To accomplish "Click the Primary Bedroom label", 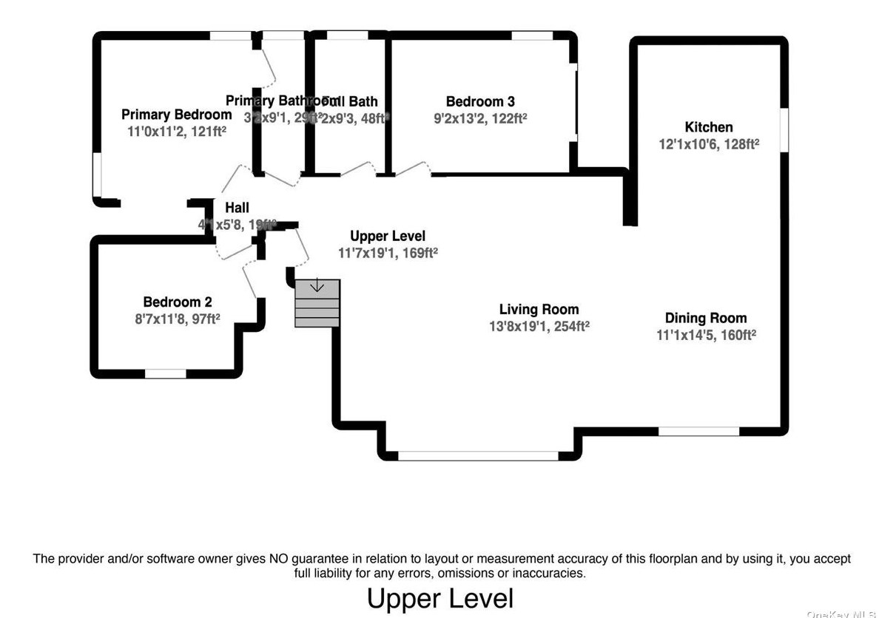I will pos(176,115).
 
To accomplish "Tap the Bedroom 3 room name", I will pos(480,102).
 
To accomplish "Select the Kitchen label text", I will pos(708,127).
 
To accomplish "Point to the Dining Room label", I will pos(706,318).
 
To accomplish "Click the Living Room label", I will pos(539,310).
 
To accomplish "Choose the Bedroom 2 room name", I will pos(177,302).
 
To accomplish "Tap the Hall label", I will pos(237,208).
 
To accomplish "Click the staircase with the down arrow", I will pos(317,302).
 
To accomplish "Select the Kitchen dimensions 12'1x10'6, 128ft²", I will pos(709,145).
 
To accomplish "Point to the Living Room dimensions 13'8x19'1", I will pos(539,326).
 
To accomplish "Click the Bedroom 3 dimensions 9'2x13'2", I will pos(480,118).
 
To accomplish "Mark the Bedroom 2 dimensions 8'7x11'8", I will pos(177,318).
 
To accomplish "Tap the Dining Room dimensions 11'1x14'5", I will pos(706,334).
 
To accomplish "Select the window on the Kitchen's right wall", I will pos(784,130).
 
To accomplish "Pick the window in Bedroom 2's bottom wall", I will pos(165,374).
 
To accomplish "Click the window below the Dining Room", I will pos(698,431).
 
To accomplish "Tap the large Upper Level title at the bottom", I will pos(439,598).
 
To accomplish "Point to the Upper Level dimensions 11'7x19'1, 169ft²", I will pos(388,253).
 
